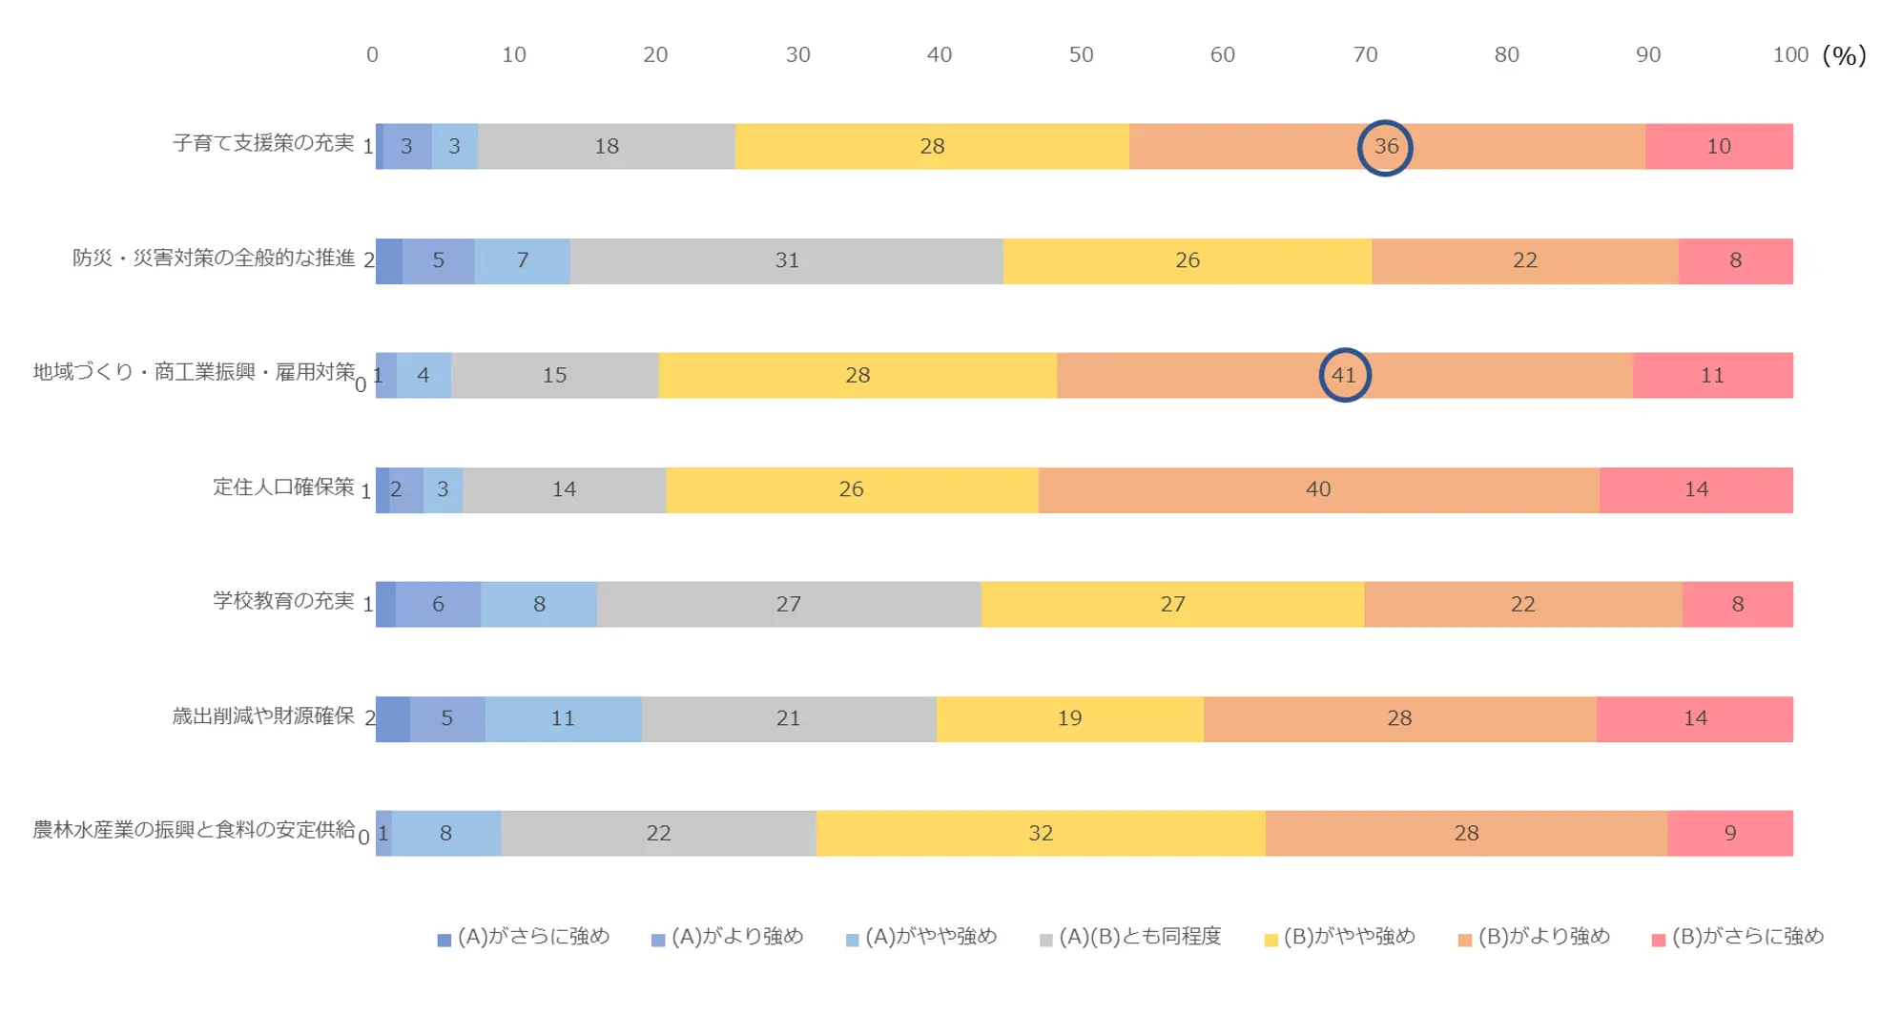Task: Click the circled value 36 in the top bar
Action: point(1385,147)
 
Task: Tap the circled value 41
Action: point(1344,375)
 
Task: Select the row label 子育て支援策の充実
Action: point(263,143)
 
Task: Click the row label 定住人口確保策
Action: point(283,487)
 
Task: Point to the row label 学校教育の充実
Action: point(283,601)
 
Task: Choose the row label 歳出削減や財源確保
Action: point(263,715)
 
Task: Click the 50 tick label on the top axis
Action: point(1081,55)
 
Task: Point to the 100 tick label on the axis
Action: point(1789,55)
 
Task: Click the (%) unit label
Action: point(1844,55)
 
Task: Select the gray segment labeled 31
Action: point(787,260)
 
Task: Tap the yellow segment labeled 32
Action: point(1041,833)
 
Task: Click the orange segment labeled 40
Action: point(1318,489)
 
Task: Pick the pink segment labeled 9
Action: point(1729,833)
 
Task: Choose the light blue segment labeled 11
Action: point(563,718)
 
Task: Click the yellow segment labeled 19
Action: point(1069,718)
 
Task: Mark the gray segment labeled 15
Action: point(554,375)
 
